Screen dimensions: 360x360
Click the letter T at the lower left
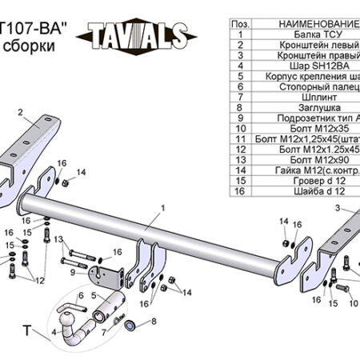pyautogui.click(x=26, y=330)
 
